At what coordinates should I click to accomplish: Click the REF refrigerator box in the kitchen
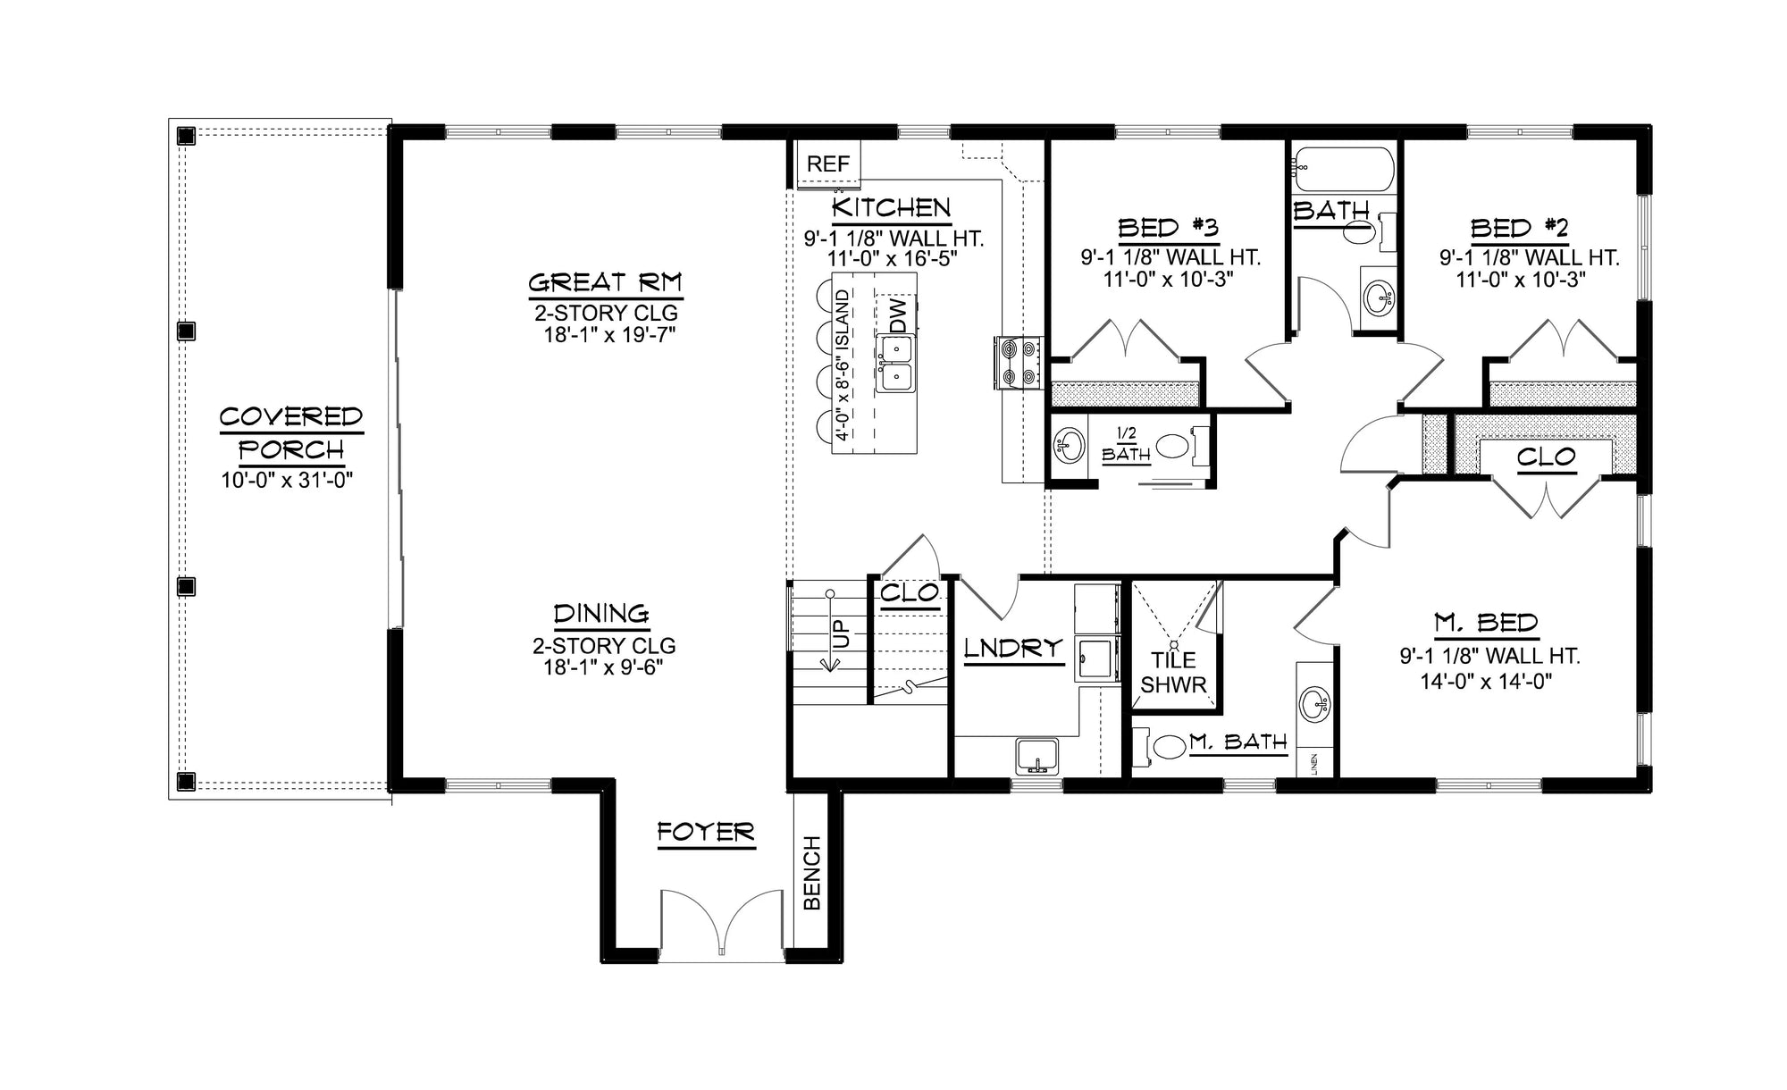click(827, 164)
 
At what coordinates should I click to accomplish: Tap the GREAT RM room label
click(604, 283)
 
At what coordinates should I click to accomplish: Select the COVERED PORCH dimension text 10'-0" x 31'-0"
click(288, 480)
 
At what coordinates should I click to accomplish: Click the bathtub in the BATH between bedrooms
click(1343, 169)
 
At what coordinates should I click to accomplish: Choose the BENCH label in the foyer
click(812, 872)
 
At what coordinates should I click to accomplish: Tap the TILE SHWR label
click(1173, 672)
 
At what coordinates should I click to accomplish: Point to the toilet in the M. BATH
click(1166, 745)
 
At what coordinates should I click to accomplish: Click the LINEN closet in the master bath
click(1314, 763)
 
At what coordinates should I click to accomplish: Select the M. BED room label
click(1486, 622)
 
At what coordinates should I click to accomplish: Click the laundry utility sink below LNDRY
click(1036, 755)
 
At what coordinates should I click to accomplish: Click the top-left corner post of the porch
click(186, 136)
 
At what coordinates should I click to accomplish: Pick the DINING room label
click(600, 614)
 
